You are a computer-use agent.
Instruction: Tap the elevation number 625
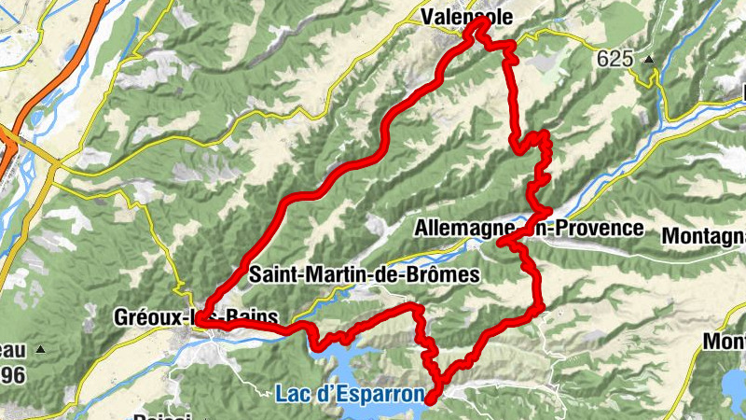point(615,59)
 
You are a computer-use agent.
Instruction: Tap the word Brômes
point(445,274)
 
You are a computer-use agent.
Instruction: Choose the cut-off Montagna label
point(703,237)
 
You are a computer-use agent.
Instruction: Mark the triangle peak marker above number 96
point(41,349)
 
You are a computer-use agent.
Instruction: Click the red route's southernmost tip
point(432,399)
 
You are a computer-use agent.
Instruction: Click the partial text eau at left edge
point(11,350)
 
